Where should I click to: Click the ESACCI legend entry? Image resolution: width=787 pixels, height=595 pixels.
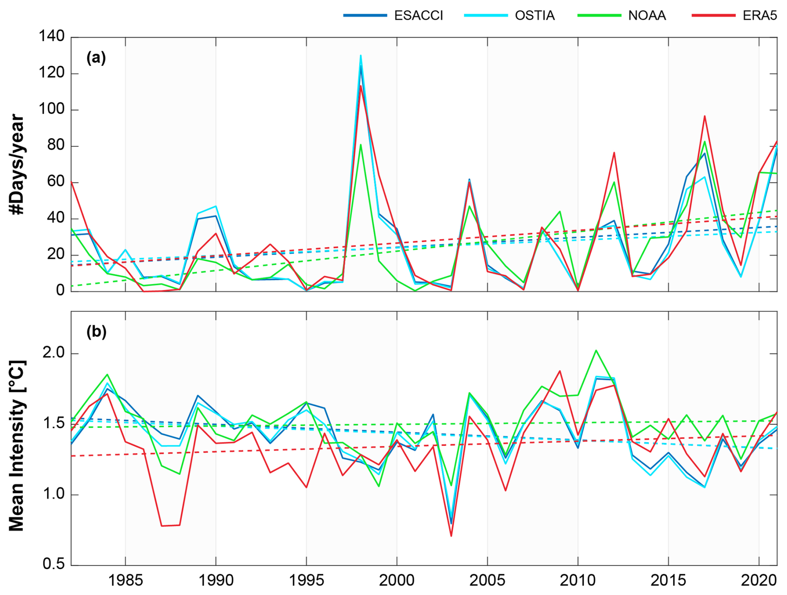(418, 16)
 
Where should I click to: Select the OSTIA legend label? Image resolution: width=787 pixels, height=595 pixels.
(535, 16)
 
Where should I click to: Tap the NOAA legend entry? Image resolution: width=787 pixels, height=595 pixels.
(647, 16)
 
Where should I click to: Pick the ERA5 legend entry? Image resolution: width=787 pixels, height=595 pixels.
(760, 16)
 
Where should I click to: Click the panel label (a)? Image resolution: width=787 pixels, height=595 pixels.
(96, 57)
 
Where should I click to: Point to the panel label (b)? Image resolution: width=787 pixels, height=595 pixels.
(96, 332)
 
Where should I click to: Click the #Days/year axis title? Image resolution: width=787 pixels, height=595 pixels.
(17, 164)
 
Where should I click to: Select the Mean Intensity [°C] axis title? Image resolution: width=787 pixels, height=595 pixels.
(17, 445)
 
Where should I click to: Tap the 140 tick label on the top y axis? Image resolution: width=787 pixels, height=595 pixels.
(52, 37)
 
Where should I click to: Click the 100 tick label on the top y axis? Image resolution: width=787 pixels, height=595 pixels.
(52, 109)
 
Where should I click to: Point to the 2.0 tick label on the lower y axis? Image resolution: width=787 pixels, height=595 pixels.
(54, 353)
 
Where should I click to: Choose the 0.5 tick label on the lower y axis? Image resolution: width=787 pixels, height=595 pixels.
(54, 565)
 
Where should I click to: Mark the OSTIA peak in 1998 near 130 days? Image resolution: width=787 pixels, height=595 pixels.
(361, 55)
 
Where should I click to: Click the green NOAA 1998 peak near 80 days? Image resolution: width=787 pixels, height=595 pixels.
(361, 145)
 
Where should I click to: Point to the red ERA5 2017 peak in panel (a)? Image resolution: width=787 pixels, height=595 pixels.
(705, 116)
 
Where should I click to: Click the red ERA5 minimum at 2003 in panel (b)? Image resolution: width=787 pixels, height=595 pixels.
(451, 536)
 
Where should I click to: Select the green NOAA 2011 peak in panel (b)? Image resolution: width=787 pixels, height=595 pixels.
(596, 350)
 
